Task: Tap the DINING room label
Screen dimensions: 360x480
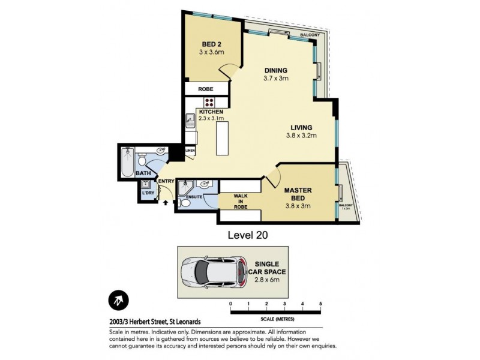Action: pyautogui.click(x=275, y=70)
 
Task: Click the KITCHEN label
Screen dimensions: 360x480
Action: pyautogui.click(x=211, y=112)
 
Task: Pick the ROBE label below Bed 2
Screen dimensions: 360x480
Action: pyautogui.click(x=206, y=89)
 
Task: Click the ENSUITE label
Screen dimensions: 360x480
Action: pyautogui.click(x=194, y=196)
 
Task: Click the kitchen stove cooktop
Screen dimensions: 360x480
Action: pyautogui.click(x=209, y=102)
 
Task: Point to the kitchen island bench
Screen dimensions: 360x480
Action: pyautogui.click(x=223, y=136)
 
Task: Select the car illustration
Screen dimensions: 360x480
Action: pyautogui.click(x=214, y=272)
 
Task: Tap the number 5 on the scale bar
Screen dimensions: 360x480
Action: pyautogui.click(x=321, y=304)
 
